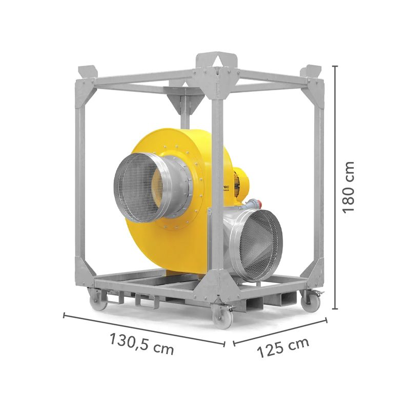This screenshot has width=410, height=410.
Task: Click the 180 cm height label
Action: (x=348, y=187)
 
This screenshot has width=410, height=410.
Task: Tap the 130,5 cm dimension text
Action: (x=141, y=343)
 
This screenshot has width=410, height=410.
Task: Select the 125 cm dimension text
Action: (x=283, y=348)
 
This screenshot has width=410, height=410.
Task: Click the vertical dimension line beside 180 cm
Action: (x=335, y=187)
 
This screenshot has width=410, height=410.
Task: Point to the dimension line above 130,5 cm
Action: (x=143, y=329)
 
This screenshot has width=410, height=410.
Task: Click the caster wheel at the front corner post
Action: (x=224, y=317)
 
